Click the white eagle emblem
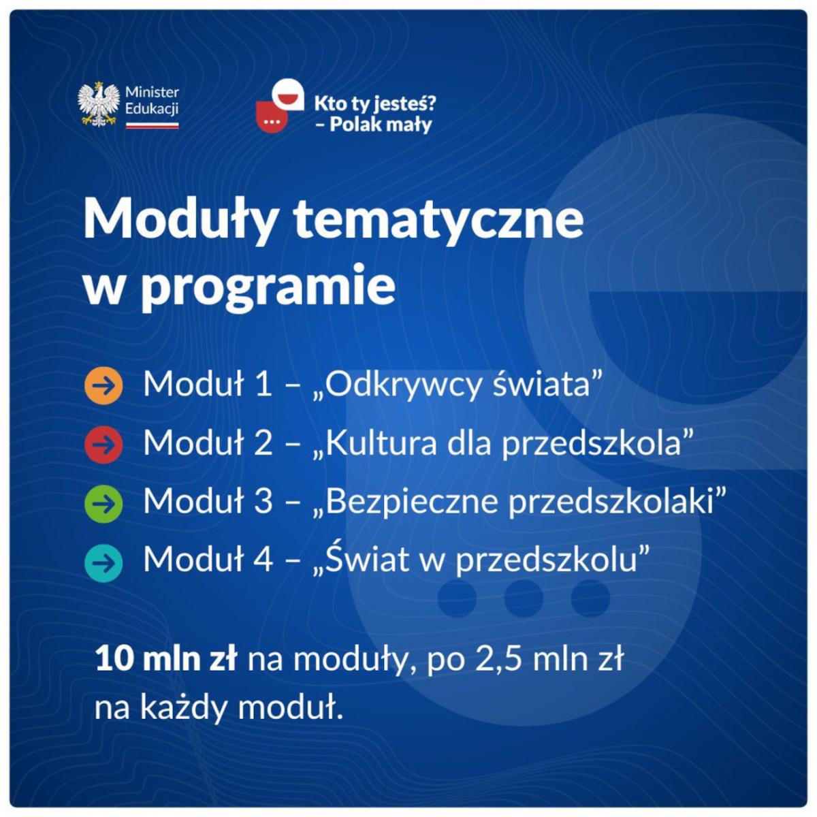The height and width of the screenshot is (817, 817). tap(98, 104)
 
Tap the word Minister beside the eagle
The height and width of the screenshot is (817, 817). tap(153, 93)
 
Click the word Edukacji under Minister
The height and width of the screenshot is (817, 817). tap(152, 109)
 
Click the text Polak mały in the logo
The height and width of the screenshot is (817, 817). tap(381, 125)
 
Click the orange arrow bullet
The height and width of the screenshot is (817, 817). tap(103, 385)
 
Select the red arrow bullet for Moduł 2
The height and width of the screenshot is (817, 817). tap(103, 445)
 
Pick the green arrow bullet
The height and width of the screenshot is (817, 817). tap(103, 503)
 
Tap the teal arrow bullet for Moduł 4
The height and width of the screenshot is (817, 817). tap(103, 562)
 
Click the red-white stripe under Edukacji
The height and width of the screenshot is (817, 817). tap(153, 125)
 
